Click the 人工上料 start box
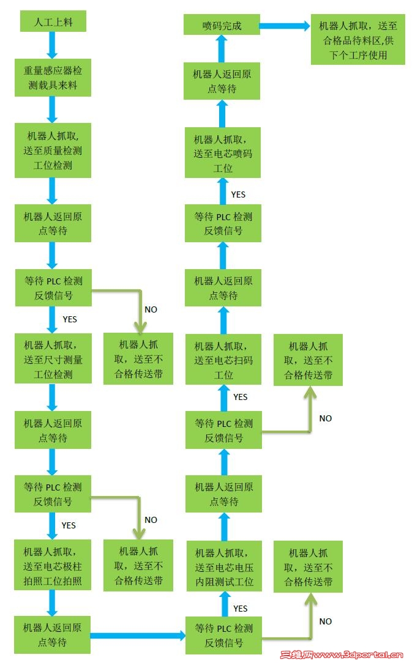pos(53,23)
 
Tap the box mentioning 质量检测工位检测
pos(53,150)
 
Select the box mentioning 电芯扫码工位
pos(223,360)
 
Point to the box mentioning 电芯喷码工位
pos(223,152)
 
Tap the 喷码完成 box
pos(222,26)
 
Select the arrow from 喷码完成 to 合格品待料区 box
pos(285,26)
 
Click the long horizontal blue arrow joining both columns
pos(138,635)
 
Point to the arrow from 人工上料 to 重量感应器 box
pos(52,45)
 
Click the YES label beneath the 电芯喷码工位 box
pos(238,194)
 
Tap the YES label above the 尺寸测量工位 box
pos(70,319)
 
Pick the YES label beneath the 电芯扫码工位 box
pos(241,397)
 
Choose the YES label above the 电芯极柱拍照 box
pos(69,525)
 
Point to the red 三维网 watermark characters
pos(296,654)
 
